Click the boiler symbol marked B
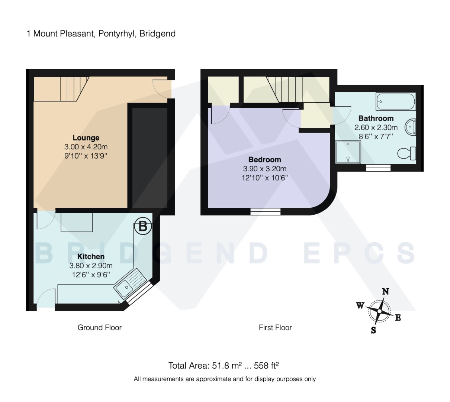point(143,226)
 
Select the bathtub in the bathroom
point(395,101)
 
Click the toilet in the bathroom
point(406,153)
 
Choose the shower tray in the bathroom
point(348,152)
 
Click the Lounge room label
point(86,138)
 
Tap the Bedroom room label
point(264,160)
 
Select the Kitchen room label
point(91,257)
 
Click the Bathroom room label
point(376,119)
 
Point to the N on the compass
point(386,292)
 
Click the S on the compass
point(373,330)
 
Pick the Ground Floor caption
point(99,328)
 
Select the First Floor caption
point(275,328)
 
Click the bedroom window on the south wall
point(265,211)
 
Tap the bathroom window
point(378,168)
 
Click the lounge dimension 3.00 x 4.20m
point(86,147)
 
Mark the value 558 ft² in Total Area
point(266,366)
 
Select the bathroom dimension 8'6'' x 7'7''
point(376,137)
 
